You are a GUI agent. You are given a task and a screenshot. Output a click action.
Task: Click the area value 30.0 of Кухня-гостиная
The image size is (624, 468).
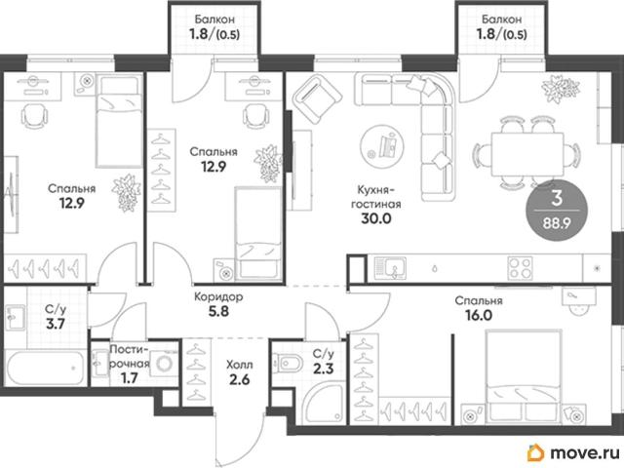coord(376,218)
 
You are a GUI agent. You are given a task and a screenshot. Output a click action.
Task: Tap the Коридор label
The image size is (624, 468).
coord(218,296)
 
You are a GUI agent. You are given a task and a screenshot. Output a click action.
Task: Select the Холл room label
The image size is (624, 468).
coord(239,365)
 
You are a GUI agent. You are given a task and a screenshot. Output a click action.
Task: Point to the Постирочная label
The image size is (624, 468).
coord(130,356)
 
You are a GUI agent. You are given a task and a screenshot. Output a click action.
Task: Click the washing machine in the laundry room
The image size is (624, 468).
coord(165,364)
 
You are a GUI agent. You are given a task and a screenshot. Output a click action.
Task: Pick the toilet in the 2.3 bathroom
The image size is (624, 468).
coord(288,363)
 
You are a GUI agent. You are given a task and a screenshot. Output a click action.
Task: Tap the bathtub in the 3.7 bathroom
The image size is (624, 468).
coord(46,368)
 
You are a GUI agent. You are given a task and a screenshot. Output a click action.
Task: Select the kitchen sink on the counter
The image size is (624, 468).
coord(390,267)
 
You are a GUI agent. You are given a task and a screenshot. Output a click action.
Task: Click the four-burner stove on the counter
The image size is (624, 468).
coord(520,267)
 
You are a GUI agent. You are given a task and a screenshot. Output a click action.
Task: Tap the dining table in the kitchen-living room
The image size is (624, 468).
coord(527,154)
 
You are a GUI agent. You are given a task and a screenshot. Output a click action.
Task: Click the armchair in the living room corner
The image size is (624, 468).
coord(317,99)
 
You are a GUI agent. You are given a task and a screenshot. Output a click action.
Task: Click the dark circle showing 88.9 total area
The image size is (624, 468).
coord(557,211)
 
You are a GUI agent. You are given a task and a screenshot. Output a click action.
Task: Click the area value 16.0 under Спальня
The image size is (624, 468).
coord(479,315)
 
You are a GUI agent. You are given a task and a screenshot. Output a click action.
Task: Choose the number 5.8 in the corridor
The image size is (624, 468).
coord(218,311)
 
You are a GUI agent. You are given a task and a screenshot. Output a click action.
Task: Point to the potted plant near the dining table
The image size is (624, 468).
coord(560,89)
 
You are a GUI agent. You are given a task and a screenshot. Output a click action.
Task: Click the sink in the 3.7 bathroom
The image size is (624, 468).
coord(16,317)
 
